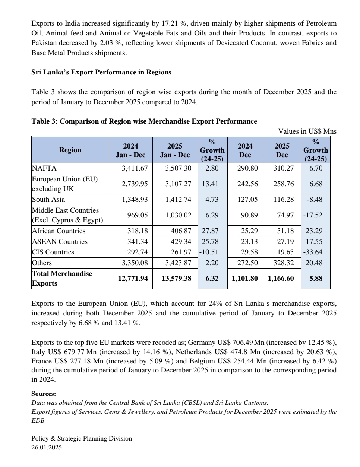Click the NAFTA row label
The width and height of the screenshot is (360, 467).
point(44,168)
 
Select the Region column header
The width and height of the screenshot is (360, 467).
point(70,150)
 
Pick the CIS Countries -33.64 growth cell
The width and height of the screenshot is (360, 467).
point(313,252)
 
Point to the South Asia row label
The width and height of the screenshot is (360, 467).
point(48,200)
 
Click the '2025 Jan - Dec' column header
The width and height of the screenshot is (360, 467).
point(175,150)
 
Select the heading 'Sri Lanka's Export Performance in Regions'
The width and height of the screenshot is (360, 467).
point(101,72)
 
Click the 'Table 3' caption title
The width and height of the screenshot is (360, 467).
point(144,121)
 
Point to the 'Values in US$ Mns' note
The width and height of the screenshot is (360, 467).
point(307,131)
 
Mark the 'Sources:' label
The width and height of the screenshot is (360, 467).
point(44,394)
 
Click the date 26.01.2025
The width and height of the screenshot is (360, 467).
point(47,448)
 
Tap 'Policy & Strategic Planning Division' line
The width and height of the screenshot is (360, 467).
point(82,439)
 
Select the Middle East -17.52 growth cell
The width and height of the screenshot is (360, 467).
point(313,215)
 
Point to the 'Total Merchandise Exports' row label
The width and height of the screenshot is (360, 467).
point(62,279)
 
